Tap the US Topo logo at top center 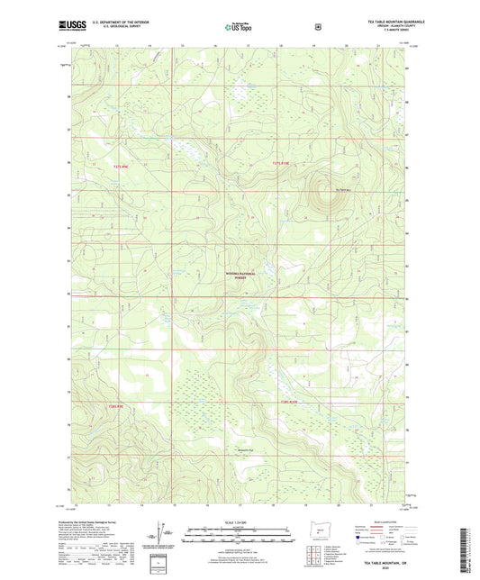(x=239, y=28)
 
